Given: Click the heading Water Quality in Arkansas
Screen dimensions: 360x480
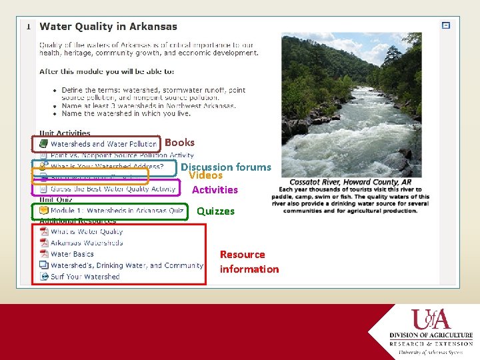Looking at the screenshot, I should tap(108, 27).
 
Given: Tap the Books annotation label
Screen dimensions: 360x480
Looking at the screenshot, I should tap(179, 142).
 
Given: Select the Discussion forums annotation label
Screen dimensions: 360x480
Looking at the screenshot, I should tap(226, 167).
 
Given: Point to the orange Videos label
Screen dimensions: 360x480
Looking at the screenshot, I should tap(205, 175).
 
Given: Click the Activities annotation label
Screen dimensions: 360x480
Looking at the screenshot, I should tap(215, 190).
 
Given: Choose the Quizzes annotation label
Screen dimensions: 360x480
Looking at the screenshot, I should tap(215, 211).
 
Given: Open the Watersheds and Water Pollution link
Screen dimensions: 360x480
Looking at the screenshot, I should tap(103, 144).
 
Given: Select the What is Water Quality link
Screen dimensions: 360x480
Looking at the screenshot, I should tap(87, 232).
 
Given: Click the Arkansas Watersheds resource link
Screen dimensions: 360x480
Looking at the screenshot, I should tap(87, 243).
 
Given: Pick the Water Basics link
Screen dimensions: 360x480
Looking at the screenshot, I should tap(72, 254).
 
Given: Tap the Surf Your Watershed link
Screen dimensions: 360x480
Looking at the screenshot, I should tap(85, 277).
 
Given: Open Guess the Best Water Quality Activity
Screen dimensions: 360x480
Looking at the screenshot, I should tap(113, 189).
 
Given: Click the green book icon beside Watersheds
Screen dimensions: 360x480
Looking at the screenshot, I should tap(43, 144).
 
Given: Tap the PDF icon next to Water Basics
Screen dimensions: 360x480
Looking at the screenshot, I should tap(43, 254).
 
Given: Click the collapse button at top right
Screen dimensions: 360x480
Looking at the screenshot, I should tap(446, 25).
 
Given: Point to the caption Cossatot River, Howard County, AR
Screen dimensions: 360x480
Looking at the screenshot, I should tap(350, 182).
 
